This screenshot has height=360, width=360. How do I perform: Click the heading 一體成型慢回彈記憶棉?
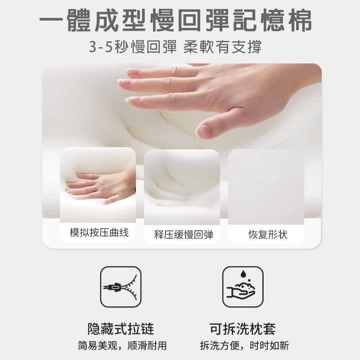click(x=175, y=20)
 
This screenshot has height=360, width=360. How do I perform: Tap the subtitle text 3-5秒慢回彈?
click(x=133, y=47)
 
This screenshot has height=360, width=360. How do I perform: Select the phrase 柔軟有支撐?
click(x=222, y=47)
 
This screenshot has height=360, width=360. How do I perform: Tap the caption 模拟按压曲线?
click(x=99, y=233)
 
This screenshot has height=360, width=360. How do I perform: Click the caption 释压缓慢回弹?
click(x=184, y=234)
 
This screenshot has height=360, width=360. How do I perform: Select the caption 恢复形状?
click(x=268, y=234)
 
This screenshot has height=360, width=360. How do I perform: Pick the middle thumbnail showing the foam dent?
click(x=182, y=187)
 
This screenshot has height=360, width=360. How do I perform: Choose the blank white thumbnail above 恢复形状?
click(x=266, y=187)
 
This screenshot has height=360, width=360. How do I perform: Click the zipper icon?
click(x=121, y=287)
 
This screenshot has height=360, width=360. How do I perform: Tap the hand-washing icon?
click(x=243, y=287)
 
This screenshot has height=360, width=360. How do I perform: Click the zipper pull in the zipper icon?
click(x=114, y=287)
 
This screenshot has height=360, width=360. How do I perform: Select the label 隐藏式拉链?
click(x=121, y=329)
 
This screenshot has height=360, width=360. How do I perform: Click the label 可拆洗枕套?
click(x=243, y=329)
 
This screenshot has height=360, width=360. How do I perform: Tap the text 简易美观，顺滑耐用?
click(x=122, y=346)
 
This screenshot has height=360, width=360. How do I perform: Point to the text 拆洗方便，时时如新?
click(x=244, y=346)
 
